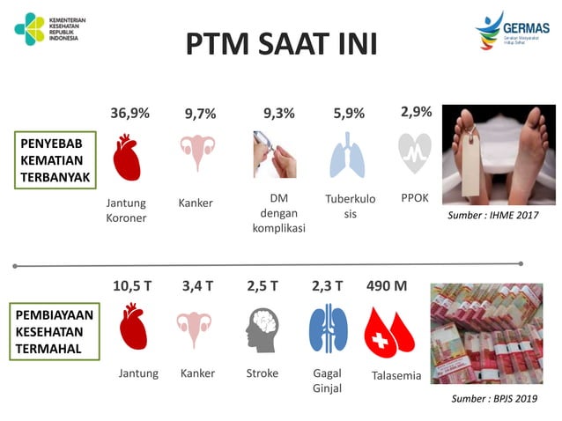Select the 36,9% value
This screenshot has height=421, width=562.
pyautogui.click(x=129, y=113)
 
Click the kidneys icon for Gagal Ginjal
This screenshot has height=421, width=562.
pyautogui.click(x=328, y=328)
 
